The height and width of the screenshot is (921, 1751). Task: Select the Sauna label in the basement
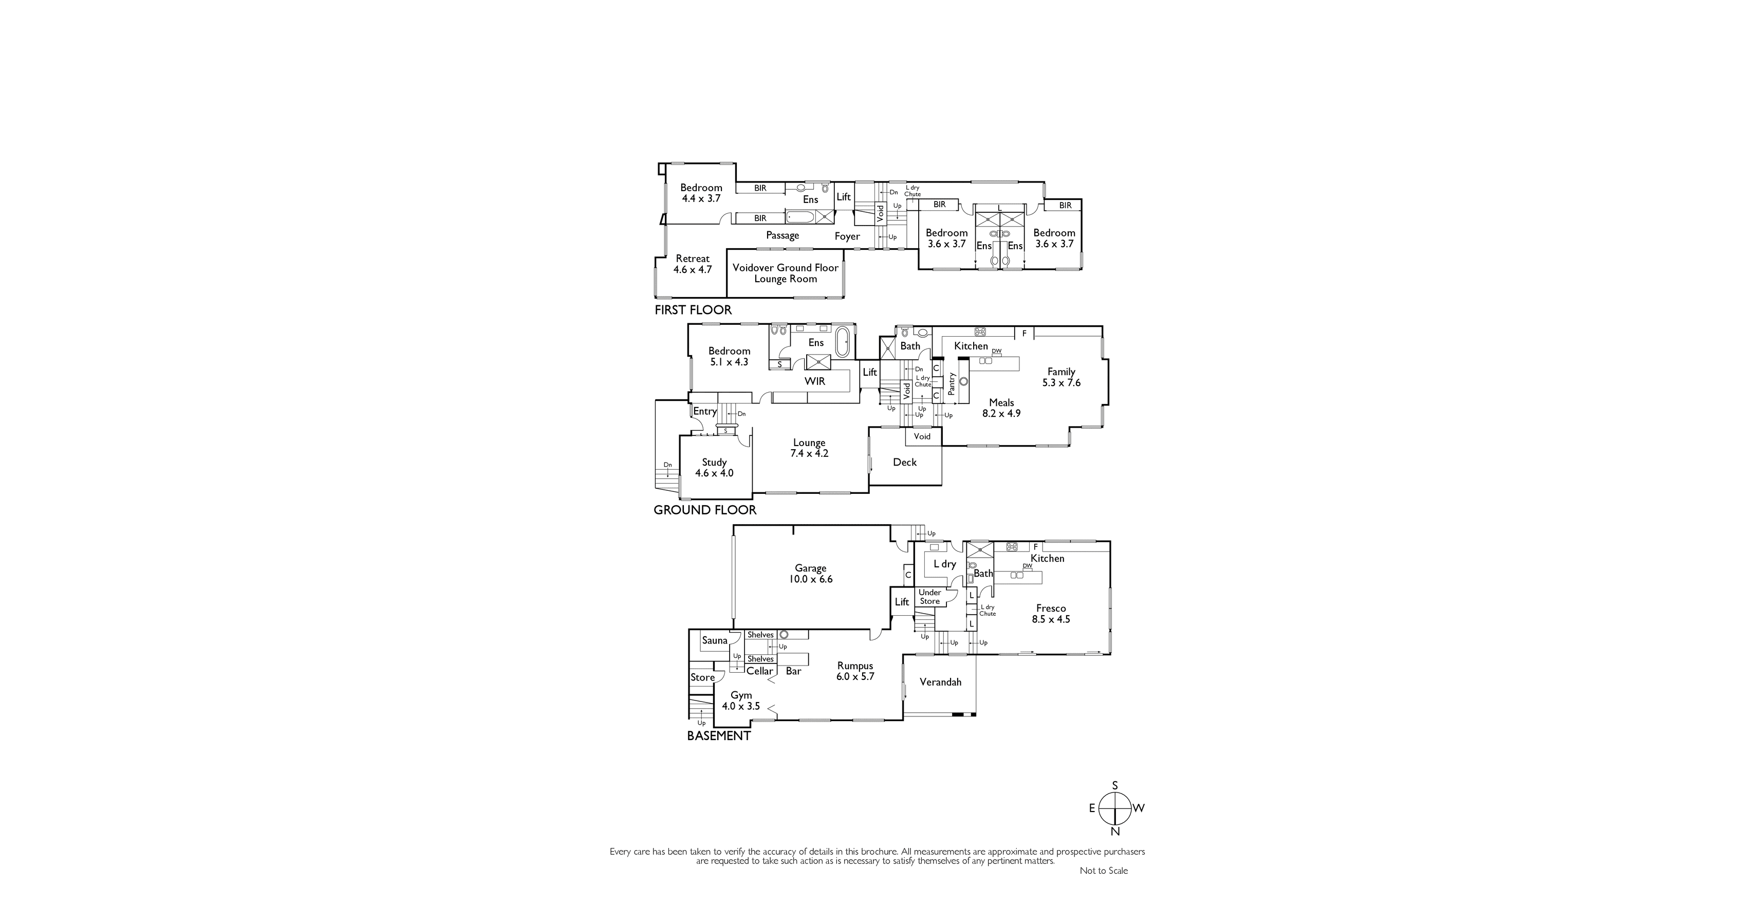(x=714, y=640)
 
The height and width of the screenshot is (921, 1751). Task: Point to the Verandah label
(x=940, y=681)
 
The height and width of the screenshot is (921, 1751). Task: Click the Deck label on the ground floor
(x=905, y=462)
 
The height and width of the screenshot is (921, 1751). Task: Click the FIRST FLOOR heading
(x=693, y=310)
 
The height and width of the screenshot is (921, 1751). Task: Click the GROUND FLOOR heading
(x=705, y=510)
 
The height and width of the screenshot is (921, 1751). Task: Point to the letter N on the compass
(x=1115, y=831)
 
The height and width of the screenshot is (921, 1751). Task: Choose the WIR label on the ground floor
(x=815, y=381)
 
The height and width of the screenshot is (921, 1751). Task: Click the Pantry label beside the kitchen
(x=952, y=383)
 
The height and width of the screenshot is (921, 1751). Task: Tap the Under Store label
(x=930, y=597)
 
